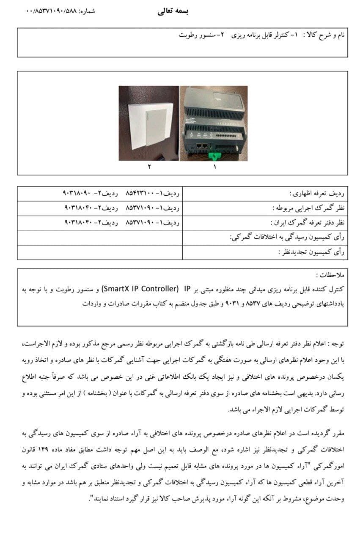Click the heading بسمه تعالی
173,11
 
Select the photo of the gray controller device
213,123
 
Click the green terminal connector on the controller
217,155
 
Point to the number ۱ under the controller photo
214,167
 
